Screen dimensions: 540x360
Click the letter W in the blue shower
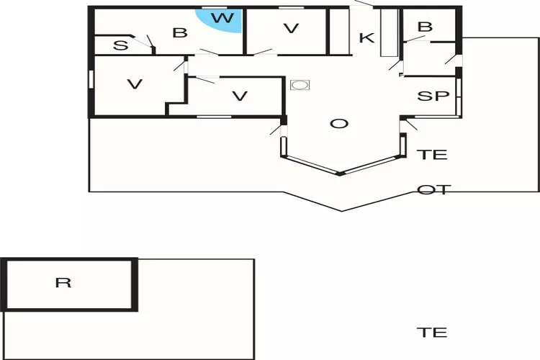point(222,17)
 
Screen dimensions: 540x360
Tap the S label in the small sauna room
point(120,45)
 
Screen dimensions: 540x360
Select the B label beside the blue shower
point(180,32)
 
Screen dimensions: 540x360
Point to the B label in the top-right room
point(425,27)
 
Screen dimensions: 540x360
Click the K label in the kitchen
point(366,37)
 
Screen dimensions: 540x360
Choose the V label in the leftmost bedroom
point(135,84)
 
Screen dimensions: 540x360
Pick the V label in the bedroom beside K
point(291,28)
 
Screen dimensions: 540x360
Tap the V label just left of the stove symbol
point(240,96)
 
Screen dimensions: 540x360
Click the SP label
point(433,96)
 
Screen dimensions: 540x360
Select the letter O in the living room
point(339,123)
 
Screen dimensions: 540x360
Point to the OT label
point(433,189)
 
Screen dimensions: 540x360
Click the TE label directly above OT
point(432,155)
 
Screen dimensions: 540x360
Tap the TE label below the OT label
point(432,333)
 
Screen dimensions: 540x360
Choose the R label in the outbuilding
point(63,282)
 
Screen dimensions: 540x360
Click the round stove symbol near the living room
point(300,85)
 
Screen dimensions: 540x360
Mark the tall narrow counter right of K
point(389,32)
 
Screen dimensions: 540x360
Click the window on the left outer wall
point(91,79)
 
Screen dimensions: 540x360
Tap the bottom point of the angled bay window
point(341,174)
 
